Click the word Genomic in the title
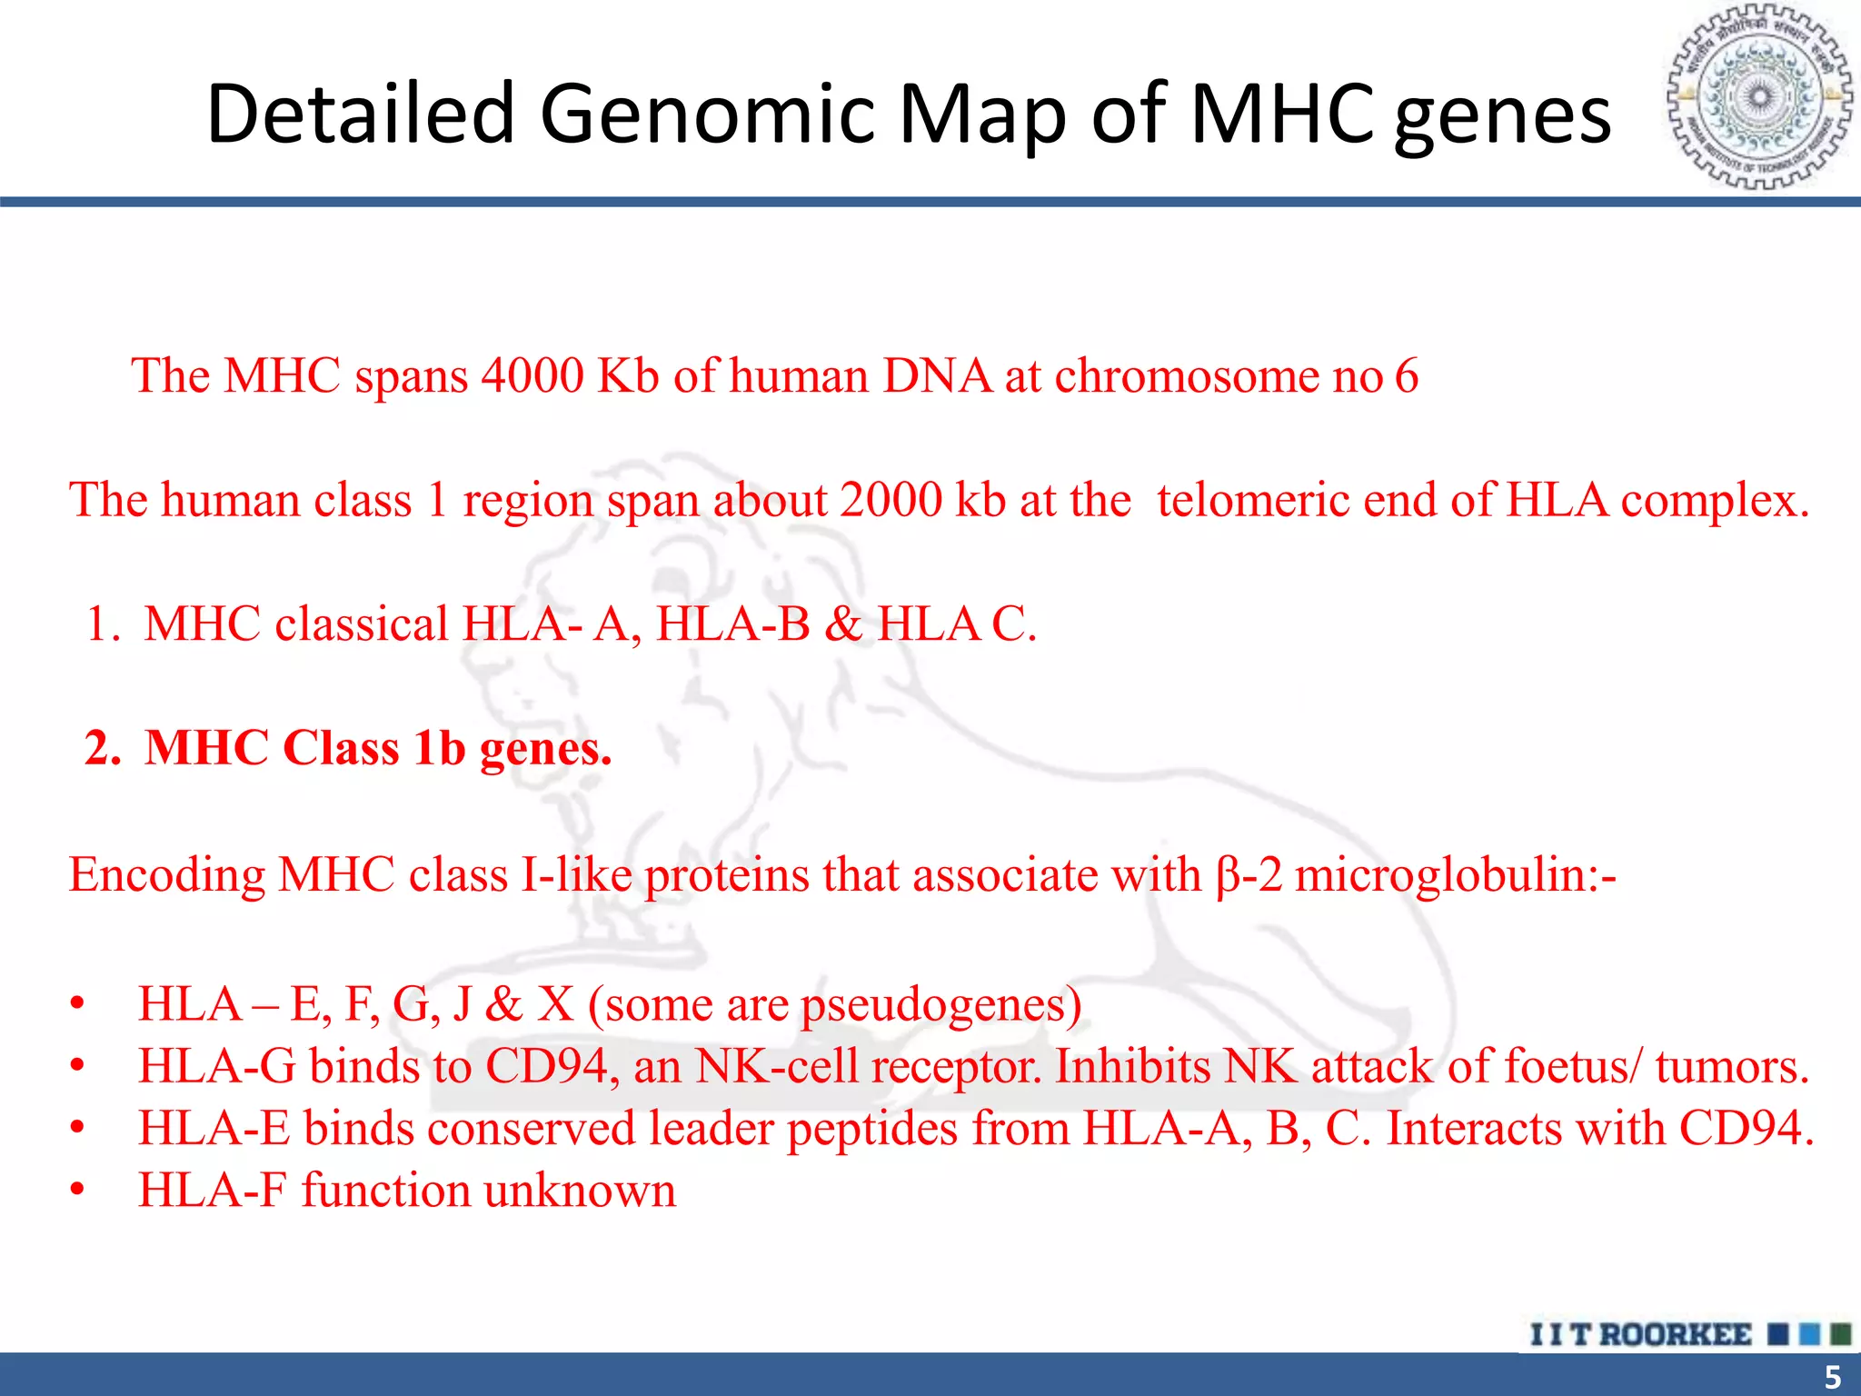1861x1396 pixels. [708, 115]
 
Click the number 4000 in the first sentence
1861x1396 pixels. [532, 375]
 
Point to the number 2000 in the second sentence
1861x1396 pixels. [891, 500]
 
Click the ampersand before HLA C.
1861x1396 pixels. [844, 625]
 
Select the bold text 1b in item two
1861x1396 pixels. [438, 749]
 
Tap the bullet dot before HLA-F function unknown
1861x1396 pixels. [78, 1191]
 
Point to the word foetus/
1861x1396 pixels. [1572, 1067]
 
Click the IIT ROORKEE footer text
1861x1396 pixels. [1640, 1335]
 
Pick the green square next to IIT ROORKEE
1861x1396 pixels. [1840, 1334]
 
